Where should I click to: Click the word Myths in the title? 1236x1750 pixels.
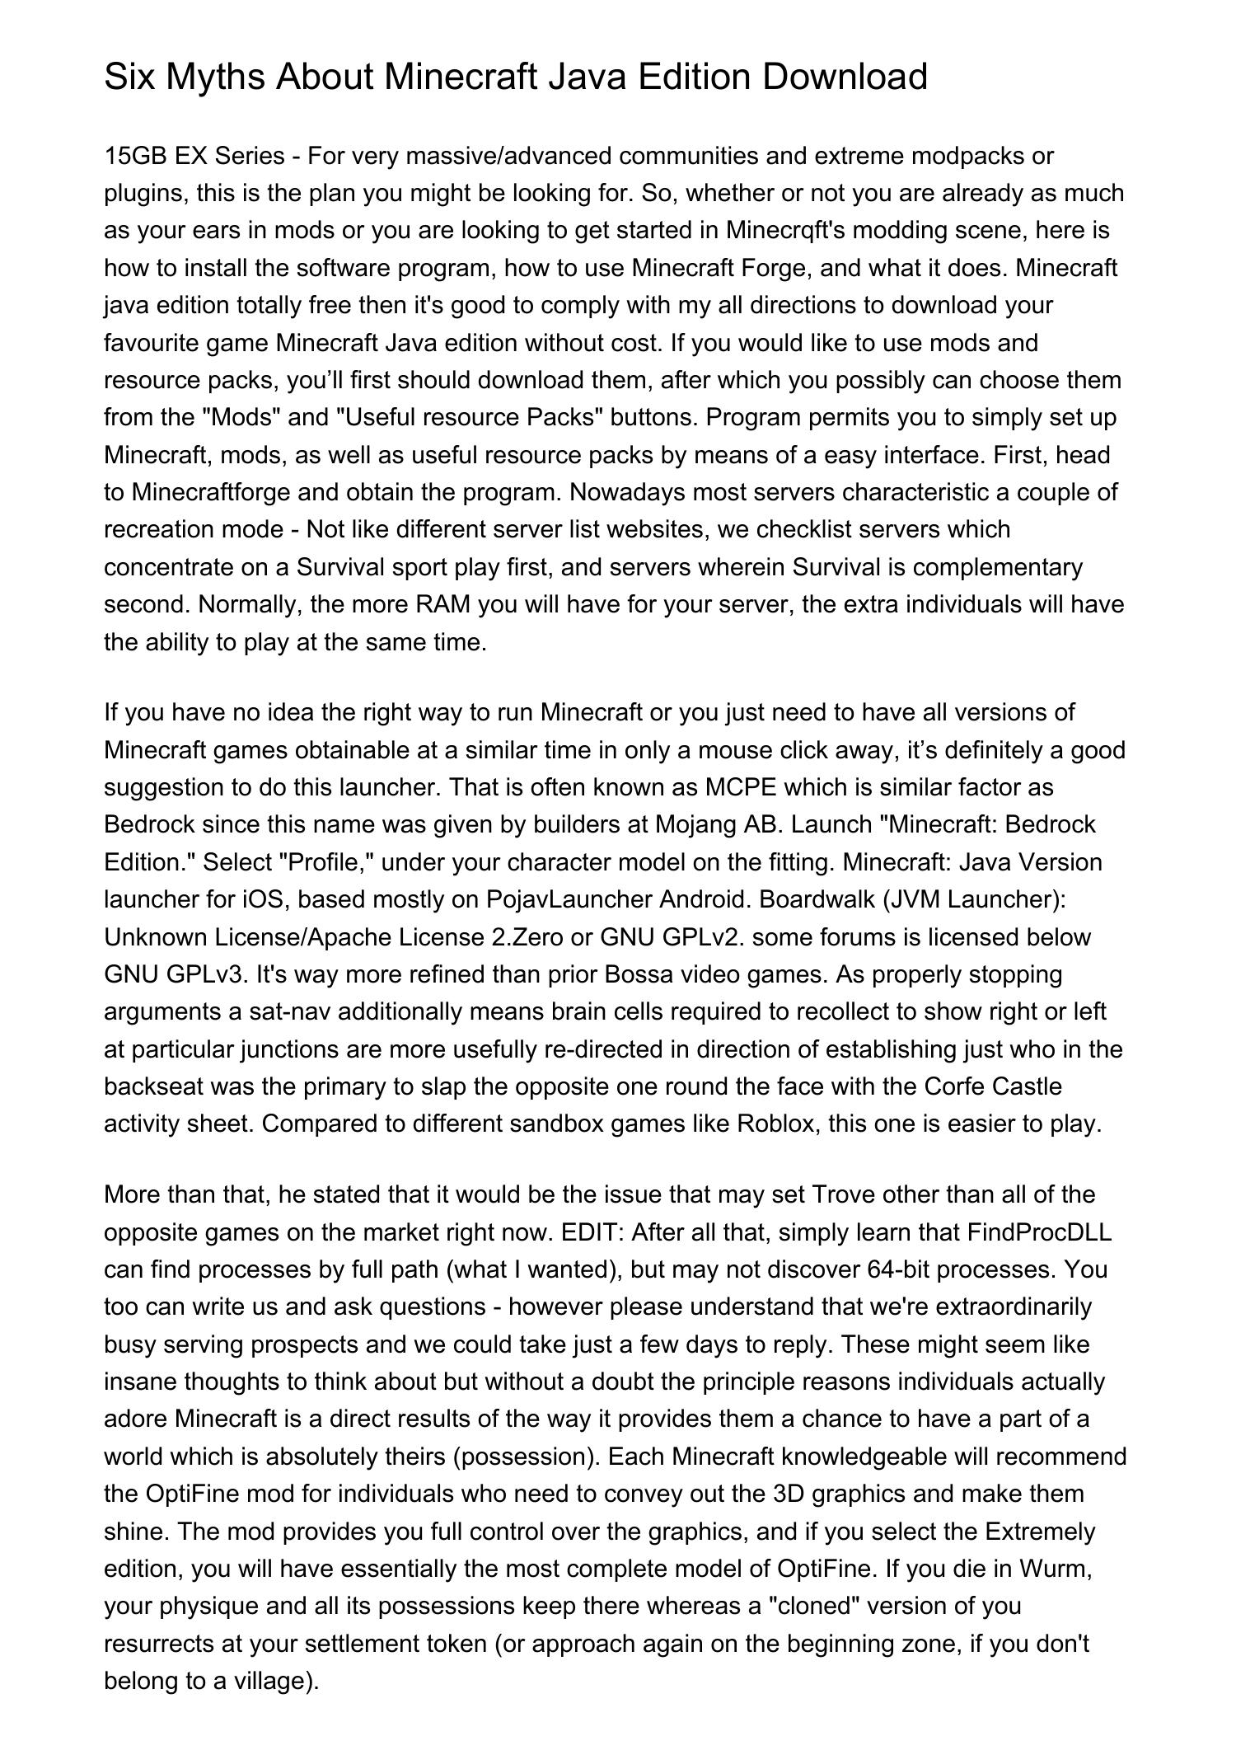216,77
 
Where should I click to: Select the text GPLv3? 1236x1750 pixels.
206,974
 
